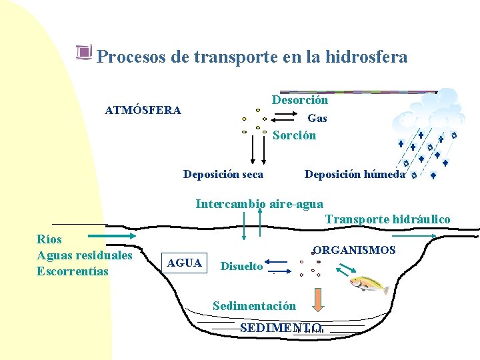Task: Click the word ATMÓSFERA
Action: pos(143,110)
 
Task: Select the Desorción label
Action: pos(299,100)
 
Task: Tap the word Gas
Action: pos(317,118)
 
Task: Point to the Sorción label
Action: pos(294,135)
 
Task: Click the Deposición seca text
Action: pos(223,175)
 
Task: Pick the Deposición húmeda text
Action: pos(354,175)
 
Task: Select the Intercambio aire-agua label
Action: pos(259,204)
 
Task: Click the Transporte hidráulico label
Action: pos(387,219)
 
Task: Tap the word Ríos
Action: pos(49,239)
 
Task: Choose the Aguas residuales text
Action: pos(85,255)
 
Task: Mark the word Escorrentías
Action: pos(72,271)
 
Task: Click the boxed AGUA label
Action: pos(185,263)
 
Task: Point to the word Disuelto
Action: pos(241,267)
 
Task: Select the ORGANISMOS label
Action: pos(354,251)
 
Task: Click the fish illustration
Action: pos(369,283)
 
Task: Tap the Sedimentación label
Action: pos(254,306)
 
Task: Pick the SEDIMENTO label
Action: pos(281,328)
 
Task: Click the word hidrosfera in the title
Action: pos(366,57)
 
